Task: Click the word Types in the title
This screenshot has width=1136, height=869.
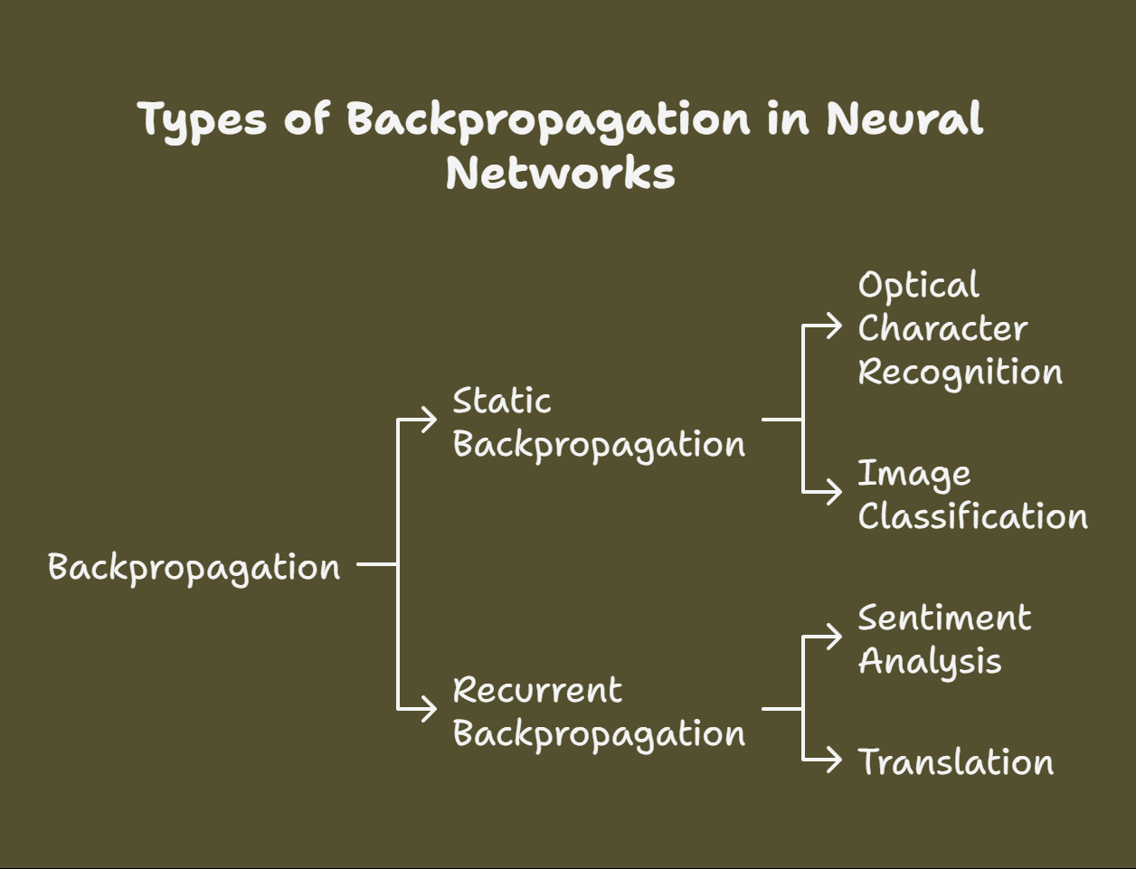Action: click(x=203, y=120)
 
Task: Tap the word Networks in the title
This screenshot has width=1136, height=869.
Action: click(x=560, y=172)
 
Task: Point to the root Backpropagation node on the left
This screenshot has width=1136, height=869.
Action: click(x=194, y=568)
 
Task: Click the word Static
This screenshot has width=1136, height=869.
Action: click(x=501, y=401)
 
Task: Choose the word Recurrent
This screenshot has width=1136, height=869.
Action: click(x=537, y=691)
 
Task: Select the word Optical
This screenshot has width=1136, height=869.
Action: click(x=918, y=286)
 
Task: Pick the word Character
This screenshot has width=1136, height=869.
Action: click(x=942, y=328)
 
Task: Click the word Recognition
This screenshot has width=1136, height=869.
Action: click(x=960, y=373)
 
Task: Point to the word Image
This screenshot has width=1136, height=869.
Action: click(x=914, y=474)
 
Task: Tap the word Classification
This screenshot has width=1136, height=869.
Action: click(x=972, y=516)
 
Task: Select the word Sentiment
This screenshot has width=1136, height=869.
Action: click(x=944, y=619)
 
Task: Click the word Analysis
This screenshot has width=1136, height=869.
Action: click(x=930, y=662)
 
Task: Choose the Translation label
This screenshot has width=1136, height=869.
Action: click(x=955, y=762)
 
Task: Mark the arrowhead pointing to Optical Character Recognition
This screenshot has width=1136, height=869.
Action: click(x=835, y=326)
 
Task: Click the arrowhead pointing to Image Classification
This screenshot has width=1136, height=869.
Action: click(x=835, y=492)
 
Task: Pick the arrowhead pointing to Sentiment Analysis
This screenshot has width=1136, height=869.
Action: click(x=835, y=637)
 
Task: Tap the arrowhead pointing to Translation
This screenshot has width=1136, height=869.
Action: click(x=835, y=760)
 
